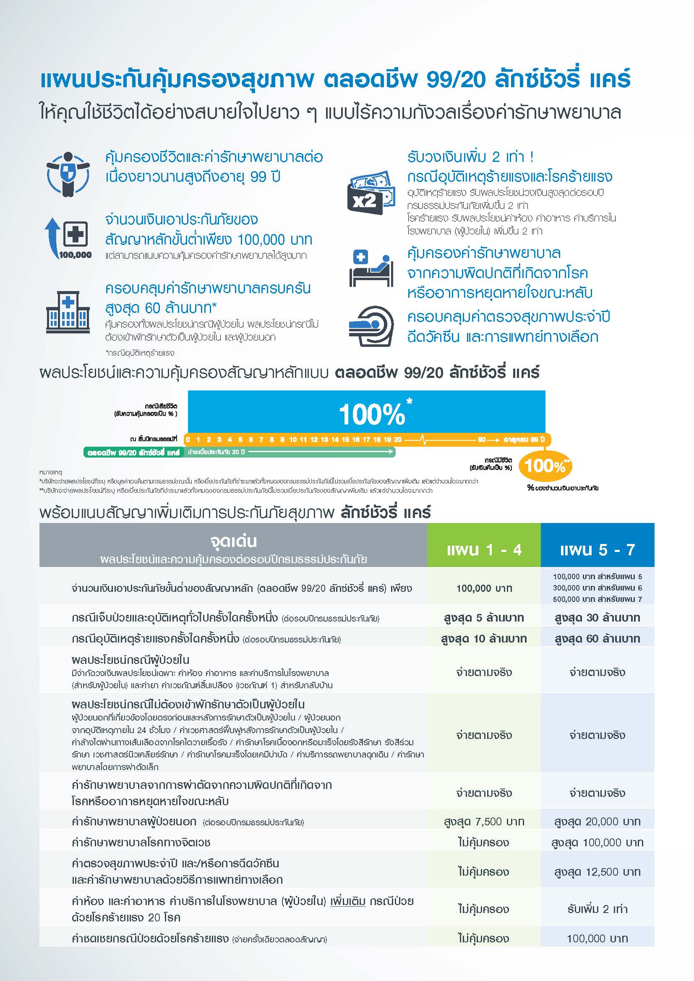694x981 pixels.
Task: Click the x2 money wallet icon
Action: click(x=370, y=192)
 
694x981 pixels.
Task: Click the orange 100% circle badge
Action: click(x=545, y=466)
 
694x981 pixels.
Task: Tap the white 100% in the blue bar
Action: click(x=372, y=414)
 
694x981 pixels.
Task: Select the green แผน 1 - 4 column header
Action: click(x=484, y=549)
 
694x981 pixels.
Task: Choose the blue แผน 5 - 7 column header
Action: click(x=597, y=549)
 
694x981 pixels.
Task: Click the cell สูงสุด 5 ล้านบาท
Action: click(x=484, y=618)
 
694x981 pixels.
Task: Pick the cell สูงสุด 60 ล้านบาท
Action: click(x=597, y=639)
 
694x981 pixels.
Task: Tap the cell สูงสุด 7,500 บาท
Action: click(x=484, y=821)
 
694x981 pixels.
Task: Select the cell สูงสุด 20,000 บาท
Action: click(x=597, y=821)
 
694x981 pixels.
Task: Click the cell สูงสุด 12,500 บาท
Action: click(x=597, y=872)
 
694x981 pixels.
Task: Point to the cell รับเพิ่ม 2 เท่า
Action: click(x=597, y=909)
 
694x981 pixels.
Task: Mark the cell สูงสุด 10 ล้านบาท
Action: click(x=484, y=639)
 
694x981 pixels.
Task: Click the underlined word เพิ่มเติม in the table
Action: click(x=347, y=901)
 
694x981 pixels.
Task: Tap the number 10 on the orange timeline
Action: click(x=293, y=440)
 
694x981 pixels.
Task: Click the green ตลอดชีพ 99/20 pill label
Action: click(x=133, y=453)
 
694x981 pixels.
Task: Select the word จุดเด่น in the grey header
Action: click(x=233, y=541)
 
